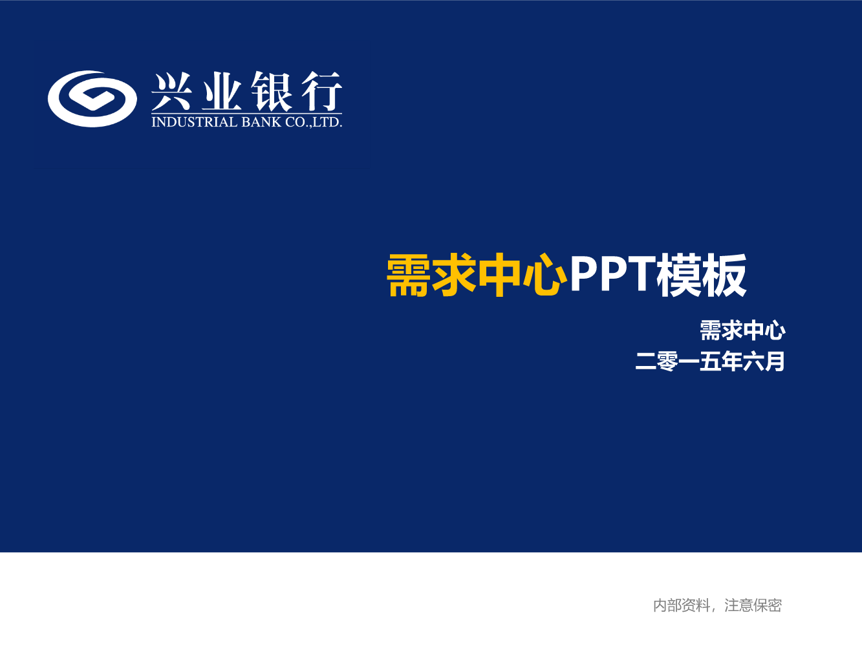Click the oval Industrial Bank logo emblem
[92, 99]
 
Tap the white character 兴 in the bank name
[172, 91]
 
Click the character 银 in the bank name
[272, 91]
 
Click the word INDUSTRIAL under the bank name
[195, 122]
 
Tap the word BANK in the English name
[261, 122]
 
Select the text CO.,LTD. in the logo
[314, 122]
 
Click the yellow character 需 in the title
[409, 275]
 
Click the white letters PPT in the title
[613, 274]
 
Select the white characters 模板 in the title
[702, 275]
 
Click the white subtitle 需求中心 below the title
[742, 330]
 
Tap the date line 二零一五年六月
[710, 361]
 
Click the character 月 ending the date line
[775, 361]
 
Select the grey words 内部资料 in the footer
[682, 605]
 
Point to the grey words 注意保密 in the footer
[753, 605]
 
